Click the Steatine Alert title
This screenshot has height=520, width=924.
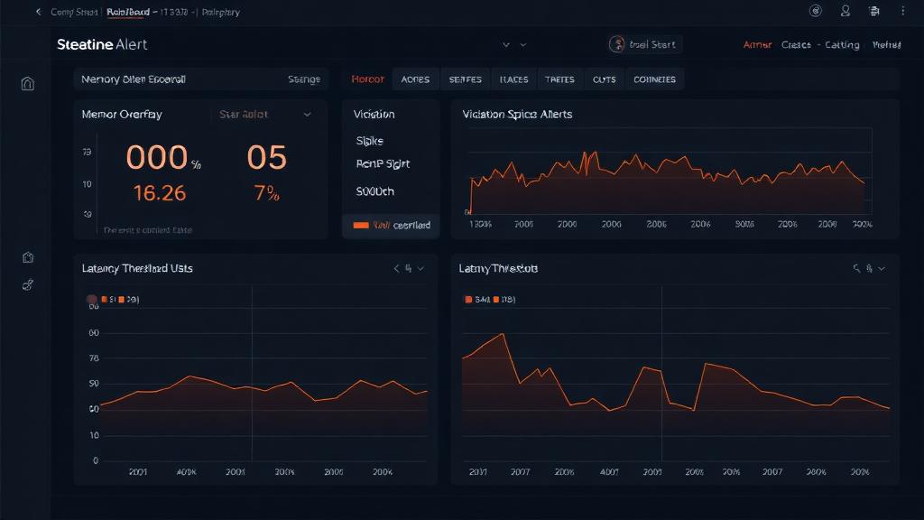pyautogui.click(x=101, y=44)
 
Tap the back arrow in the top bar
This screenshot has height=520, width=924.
pyautogui.click(x=38, y=12)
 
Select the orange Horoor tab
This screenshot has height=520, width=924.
pyautogui.click(x=367, y=79)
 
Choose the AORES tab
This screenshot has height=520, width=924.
pyautogui.click(x=415, y=79)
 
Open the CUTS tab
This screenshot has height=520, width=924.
pyautogui.click(x=604, y=79)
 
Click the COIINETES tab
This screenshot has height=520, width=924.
pyautogui.click(x=654, y=79)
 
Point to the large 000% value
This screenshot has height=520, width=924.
pyautogui.click(x=162, y=158)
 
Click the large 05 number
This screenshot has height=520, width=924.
pyautogui.click(x=266, y=158)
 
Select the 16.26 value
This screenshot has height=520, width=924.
pyautogui.click(x=159, y=192)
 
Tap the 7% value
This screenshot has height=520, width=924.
pyautogui.click(x=266, y=192)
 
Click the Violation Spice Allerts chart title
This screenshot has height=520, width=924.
pyautogui.click(x=517, y=115)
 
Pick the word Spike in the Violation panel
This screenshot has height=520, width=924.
pyautogui.click(x=370, y=141)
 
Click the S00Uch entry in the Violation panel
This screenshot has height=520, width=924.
pyautogui.click(x=375, y=191)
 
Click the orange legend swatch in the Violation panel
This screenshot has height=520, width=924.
pyautogui.click(x=361, y=225)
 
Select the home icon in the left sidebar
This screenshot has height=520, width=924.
pyautogui.click(x=28, y=84)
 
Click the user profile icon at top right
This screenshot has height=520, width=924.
pyautogui.click(x=845, y=12)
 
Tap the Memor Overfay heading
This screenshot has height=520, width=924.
pyautogui.click(x=122, y=115)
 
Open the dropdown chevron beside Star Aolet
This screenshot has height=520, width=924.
pyautogui.click(x=307, y=115)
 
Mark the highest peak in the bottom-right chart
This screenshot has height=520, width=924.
pyautogui.click(x=503, y=334)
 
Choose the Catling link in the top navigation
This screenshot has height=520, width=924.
pyautogui.click(x=841, y=44)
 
